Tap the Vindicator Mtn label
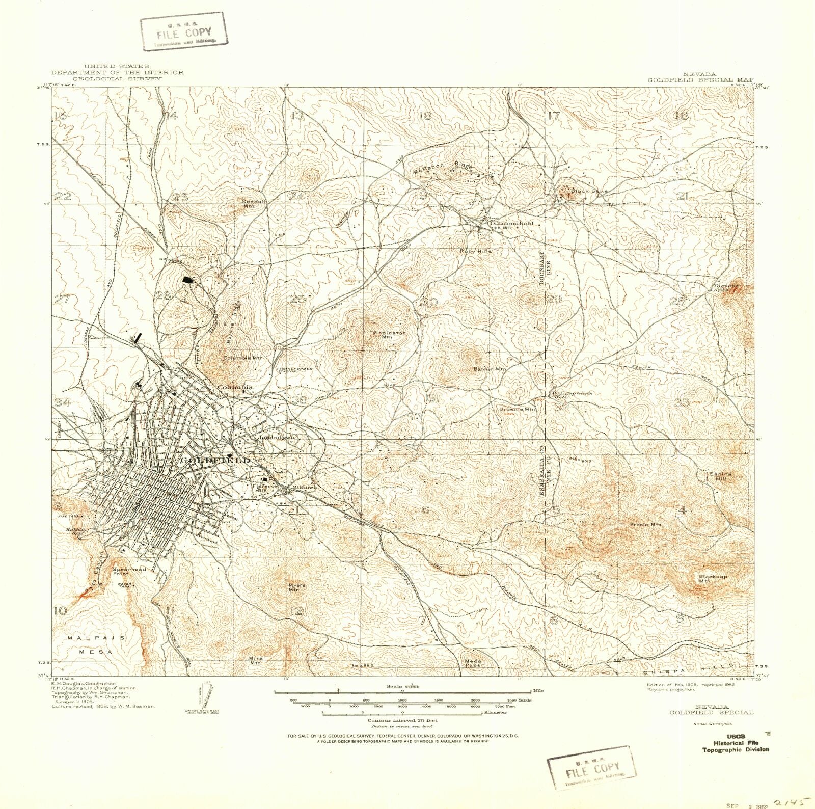click(x=389, y=335)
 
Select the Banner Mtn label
click(x=490, y=369)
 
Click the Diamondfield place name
click(x=511, y=223)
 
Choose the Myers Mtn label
click(x=296, y=588)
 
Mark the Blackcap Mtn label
click(x=713, y=578)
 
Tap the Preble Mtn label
click(x=645, y=524)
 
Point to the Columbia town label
click(x=235, y=388)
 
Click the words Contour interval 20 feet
click(x=402, y=721)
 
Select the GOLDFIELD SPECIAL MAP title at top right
click(x=700, y=79)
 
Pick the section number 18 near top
click(x=426, y=116)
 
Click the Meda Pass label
click(x=473, y=663)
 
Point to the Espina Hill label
click(x=720, y=476)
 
